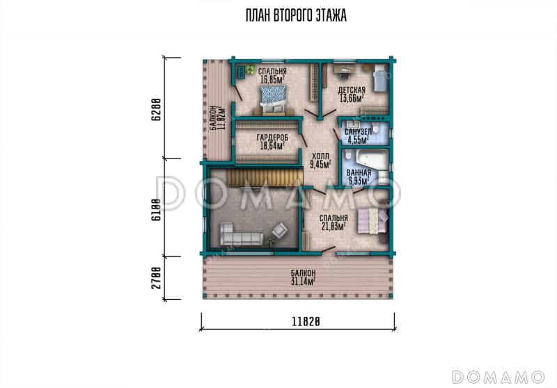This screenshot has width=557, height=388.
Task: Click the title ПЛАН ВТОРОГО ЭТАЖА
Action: click(296, 15)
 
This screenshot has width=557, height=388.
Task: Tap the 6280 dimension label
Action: click(156, 110)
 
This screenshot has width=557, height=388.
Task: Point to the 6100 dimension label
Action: click(156, 209)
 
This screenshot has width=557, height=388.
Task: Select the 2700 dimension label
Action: click(156, 277)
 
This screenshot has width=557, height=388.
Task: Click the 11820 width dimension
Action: click(306, 321)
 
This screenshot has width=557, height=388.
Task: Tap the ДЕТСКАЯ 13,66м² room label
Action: click(352, 94)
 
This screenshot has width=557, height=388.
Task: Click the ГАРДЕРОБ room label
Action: click(273, 137)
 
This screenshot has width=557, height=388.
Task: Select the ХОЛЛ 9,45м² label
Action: click(320, 160)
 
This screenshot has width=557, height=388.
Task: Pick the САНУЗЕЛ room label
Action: click(359, 132)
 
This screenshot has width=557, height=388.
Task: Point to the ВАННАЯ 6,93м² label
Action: click(359, 177)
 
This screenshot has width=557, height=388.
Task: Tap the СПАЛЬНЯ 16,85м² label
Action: click(272, 76)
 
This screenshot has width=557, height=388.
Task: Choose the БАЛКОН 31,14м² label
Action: click(303, 277)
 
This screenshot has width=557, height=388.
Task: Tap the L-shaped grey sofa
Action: click(237, 234)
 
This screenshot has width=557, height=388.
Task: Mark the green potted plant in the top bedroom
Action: click(251, 69)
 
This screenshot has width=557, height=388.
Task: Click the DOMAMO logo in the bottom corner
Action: click(499, 377)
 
